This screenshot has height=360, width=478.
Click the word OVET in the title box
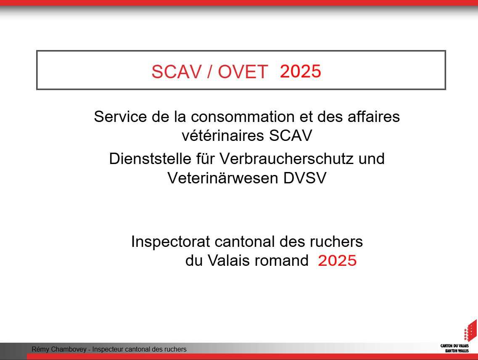[x=243, y=71]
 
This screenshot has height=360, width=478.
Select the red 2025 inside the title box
[x=300, y=71]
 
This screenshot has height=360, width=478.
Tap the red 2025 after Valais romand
[x=337, y=261]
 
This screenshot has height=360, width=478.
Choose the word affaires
[x=374, y=116]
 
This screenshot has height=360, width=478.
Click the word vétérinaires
[x=223, y=135]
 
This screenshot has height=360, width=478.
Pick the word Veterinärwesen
[x=223, y=178]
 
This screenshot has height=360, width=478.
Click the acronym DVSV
[x=305, y=178]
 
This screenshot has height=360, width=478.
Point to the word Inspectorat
[x=171, y=242]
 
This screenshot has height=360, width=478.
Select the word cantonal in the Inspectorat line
[x=245, y=242]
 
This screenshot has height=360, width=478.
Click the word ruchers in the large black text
[x=336, y=242]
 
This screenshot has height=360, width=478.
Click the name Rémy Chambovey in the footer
[x=59, y=349]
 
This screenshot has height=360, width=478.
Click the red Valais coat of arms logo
[x=470, y=331]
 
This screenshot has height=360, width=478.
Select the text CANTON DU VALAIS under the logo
[x=454, y=346]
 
